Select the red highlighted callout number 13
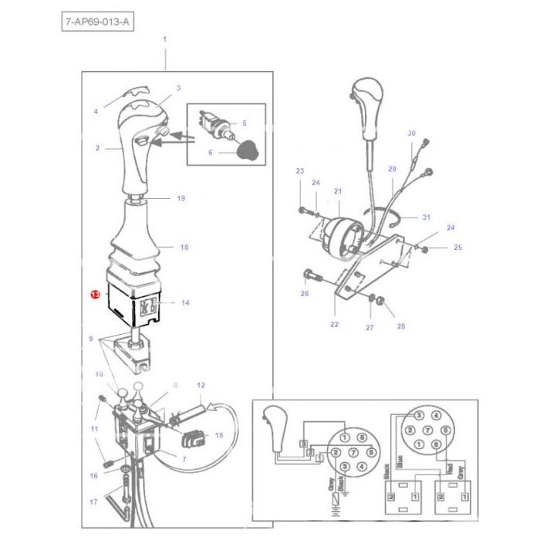pyautogui.click(x=94, y=295)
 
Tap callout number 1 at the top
pyautogui.click(x=164, y=39)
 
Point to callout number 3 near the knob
pyautogui.click(x=178, y=88)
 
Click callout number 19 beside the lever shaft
pyautogui.click(x=181, y=198)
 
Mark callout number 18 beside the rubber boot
pyautogui.click(x=184, y=247)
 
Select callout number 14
pyautogui.click(x=185, y=303)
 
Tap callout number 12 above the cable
pyautogui.click(x=201, y=384)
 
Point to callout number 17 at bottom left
pyautogui.click(x=93, y=501)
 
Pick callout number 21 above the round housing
pyautogui.click(x=337, y=191)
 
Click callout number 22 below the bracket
pyautogui.click(x=334, y=324)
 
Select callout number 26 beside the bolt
pyautogui.click(x=304, y=294)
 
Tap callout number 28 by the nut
pyautogui.click(x=400, y=326)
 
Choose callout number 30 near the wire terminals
pyautogui.click(x=411, y=133)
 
